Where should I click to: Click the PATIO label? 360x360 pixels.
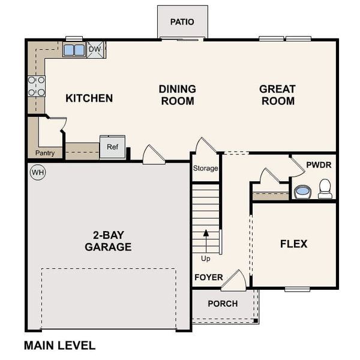182,22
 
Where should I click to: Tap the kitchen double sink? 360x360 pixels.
74,50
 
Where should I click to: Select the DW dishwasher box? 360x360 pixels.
95,49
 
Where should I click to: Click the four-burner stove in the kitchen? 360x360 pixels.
37,86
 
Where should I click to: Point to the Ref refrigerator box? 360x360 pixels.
112,147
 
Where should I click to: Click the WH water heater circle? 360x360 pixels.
37,173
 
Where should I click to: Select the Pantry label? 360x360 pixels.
45,153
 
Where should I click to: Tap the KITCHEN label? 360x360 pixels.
89,98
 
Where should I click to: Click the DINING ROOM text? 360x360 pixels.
177,95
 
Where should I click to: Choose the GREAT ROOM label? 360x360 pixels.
277,95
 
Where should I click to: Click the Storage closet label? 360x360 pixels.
205,169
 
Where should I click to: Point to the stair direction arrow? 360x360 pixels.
205,240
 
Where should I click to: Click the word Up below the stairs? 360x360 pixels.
206,259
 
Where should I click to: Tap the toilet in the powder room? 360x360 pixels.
325,189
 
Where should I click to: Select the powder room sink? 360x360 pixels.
302,191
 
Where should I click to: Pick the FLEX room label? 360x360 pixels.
293,244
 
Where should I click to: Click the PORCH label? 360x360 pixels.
223,304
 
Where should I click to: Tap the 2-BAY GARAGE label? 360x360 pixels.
108,241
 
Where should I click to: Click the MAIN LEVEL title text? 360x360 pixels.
59,345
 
